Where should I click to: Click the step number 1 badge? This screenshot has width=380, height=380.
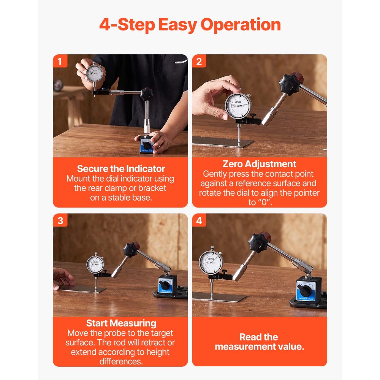coord(60,61)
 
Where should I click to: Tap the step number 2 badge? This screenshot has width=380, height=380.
coord(199,61)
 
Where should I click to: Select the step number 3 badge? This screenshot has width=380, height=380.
coord(60,220)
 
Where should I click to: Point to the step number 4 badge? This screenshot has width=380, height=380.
coord(199,220)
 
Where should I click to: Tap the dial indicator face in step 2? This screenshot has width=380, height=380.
coord(238,106)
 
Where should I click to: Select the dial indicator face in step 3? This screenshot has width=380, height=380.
coord(95,264)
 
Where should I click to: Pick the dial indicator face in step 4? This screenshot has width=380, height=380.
coord(211,263)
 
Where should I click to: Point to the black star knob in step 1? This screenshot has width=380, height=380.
coord(147,93)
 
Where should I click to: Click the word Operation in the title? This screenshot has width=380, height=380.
coord(241,25)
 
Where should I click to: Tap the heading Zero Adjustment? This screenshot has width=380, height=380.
coord(259,164)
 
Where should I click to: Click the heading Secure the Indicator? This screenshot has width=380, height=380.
coord(121,169)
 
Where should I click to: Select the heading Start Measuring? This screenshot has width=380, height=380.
coord(121,323)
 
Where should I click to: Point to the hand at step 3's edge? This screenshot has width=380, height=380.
coord(62,279)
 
